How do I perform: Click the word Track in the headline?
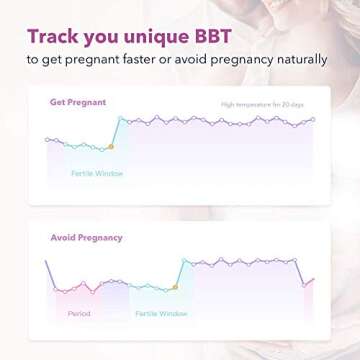click(53, 36)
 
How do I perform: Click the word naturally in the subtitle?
click(299, 60)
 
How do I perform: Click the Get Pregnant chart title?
click(78, 102)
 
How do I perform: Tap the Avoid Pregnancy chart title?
click(87, 237)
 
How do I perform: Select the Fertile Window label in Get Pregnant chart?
click(97, 173)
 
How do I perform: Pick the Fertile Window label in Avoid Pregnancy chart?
click(161, 313)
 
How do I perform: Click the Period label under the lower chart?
click(79, 313)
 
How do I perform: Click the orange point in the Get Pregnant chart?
click(112, 147)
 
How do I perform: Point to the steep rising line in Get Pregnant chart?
click(116, 132)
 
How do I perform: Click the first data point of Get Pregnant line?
click(47, 139)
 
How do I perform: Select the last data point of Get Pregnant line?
click(313, 120)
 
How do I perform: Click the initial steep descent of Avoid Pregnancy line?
click(50, 275)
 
